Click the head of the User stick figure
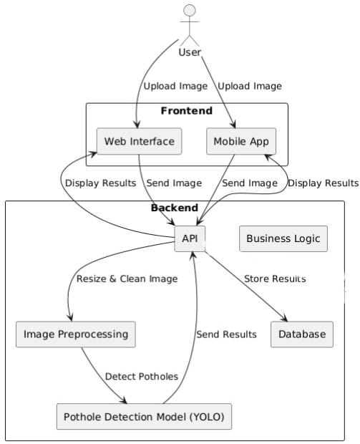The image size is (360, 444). coord(190,10)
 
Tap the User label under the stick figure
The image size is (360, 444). coord(190,52)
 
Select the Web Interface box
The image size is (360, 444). coord(140,141)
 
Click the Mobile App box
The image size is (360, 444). coord(241,141)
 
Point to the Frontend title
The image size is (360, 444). coord(187,110)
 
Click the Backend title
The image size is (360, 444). coord(175,208)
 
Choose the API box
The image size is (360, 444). coord(190,238)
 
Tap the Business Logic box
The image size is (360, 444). coord(283,238)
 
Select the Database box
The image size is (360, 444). coord(302,334)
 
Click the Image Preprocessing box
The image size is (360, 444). coord(76,334)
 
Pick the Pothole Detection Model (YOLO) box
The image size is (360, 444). coord(144,417)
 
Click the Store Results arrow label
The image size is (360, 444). coord(275,279)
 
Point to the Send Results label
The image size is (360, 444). coord(226,334)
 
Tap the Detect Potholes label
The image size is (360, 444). coord(142,376)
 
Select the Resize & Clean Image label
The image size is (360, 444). coord(127,279)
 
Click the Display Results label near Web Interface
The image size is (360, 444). coord(100,183)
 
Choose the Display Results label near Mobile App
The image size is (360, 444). coord(323,183)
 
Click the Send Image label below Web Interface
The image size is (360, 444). coord(174,183)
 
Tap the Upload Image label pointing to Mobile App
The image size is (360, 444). coord(250,86)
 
